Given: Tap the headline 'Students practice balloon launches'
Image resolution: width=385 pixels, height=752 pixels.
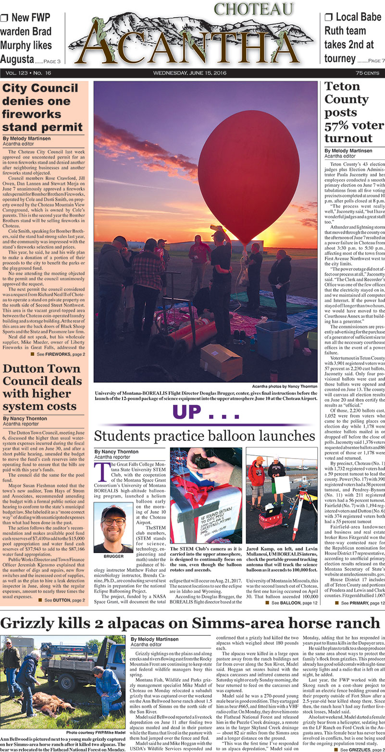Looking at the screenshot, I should (x=204, y=436).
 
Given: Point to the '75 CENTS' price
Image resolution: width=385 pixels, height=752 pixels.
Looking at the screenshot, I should (x=367, y=73).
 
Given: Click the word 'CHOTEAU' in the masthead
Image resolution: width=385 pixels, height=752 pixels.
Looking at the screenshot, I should (x=253, y=10).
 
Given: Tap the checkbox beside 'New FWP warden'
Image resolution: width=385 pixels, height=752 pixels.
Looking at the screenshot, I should (x=5, y=18).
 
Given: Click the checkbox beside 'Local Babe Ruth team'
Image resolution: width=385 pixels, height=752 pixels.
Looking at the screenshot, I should (x=329, y=18).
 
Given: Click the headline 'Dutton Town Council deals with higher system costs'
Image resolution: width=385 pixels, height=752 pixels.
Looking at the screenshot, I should (x=42, y=388).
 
